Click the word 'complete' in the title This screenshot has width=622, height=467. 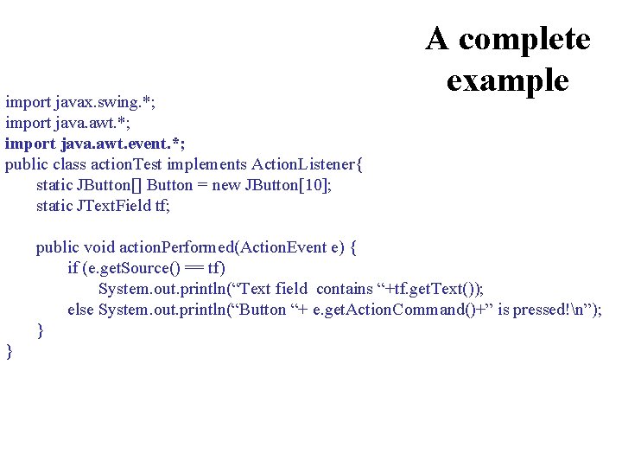pos(524,39)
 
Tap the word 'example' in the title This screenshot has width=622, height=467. pos(508,80)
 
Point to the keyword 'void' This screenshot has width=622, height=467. pos(97,247)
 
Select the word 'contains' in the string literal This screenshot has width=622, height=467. pos(345,289)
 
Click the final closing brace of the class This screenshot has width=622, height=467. pos(10,350)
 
